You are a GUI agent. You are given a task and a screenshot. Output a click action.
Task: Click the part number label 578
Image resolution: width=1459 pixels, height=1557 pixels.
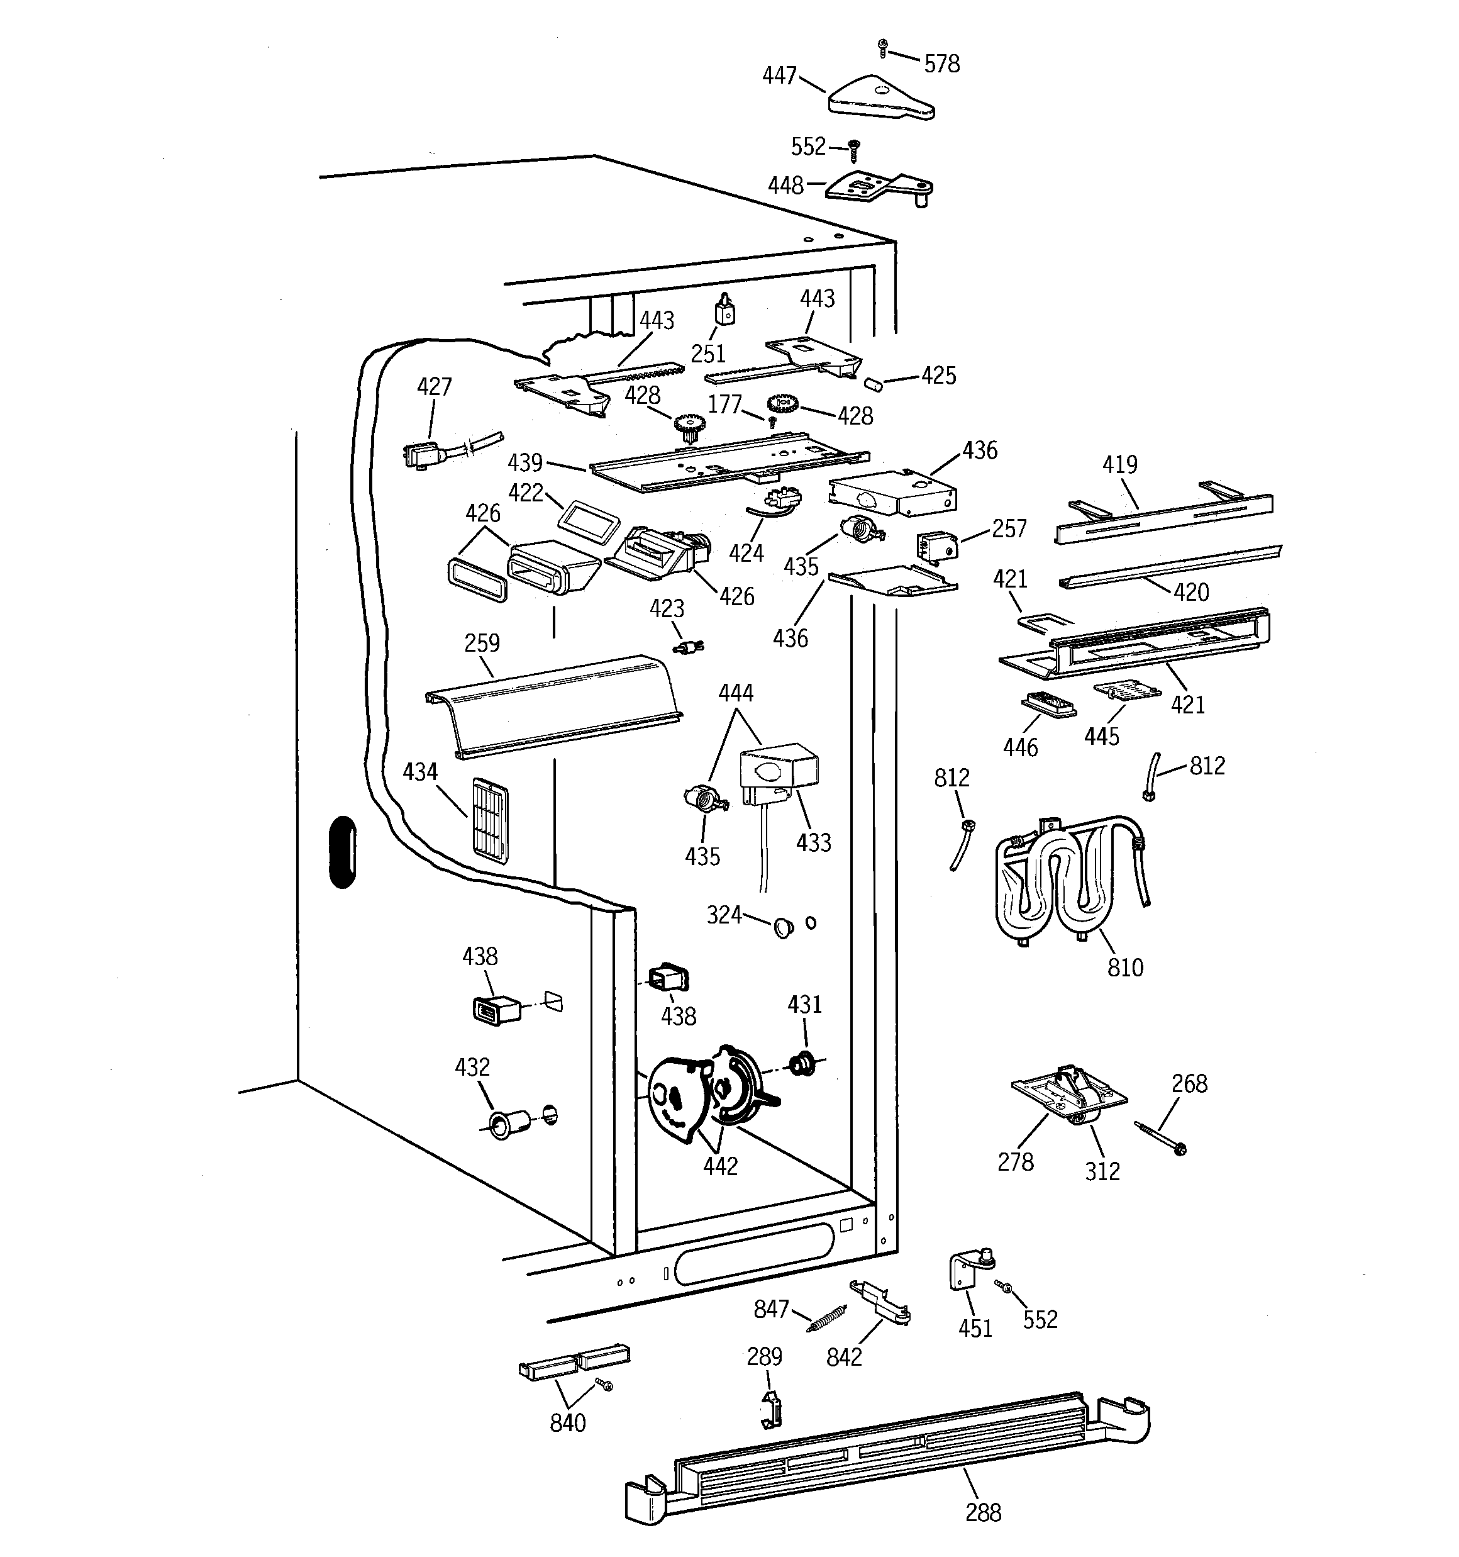pos(941,64)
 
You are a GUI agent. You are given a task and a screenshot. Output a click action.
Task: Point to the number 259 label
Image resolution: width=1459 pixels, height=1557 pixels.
pos(482,643)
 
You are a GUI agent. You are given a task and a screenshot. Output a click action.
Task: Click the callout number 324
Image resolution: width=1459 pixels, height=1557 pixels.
pos(724,915)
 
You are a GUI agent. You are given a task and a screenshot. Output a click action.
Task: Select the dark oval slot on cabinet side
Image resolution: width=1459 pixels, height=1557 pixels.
pos(341,852)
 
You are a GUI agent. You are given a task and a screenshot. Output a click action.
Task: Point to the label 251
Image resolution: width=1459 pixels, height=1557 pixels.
pos(708,354)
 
